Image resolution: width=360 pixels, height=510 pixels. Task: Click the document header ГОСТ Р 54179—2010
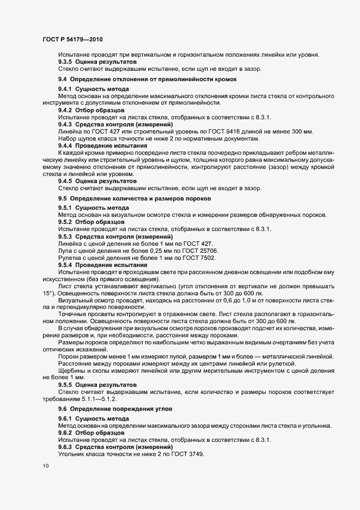click(72, 40)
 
